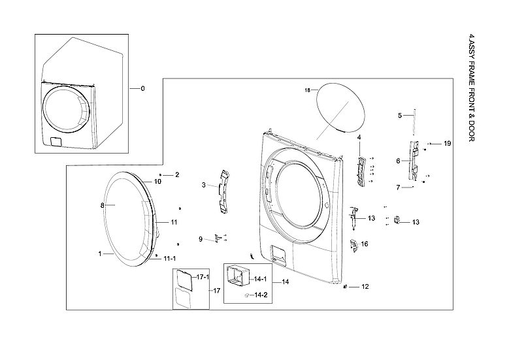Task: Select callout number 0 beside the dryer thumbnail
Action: (142, 88)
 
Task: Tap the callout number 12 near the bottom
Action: (365, 287)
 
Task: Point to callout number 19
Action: (448, 143)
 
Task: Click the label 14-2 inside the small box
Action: (261, 295)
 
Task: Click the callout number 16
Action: (365, 244)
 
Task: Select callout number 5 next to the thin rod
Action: (400, 116)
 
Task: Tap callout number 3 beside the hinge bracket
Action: (203, 186)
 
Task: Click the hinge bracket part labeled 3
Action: (225, 191)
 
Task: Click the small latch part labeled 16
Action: (353, 245)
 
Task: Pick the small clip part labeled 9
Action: (216, 240)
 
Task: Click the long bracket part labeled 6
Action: (412, 160)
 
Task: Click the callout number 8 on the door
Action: (102, 205)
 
